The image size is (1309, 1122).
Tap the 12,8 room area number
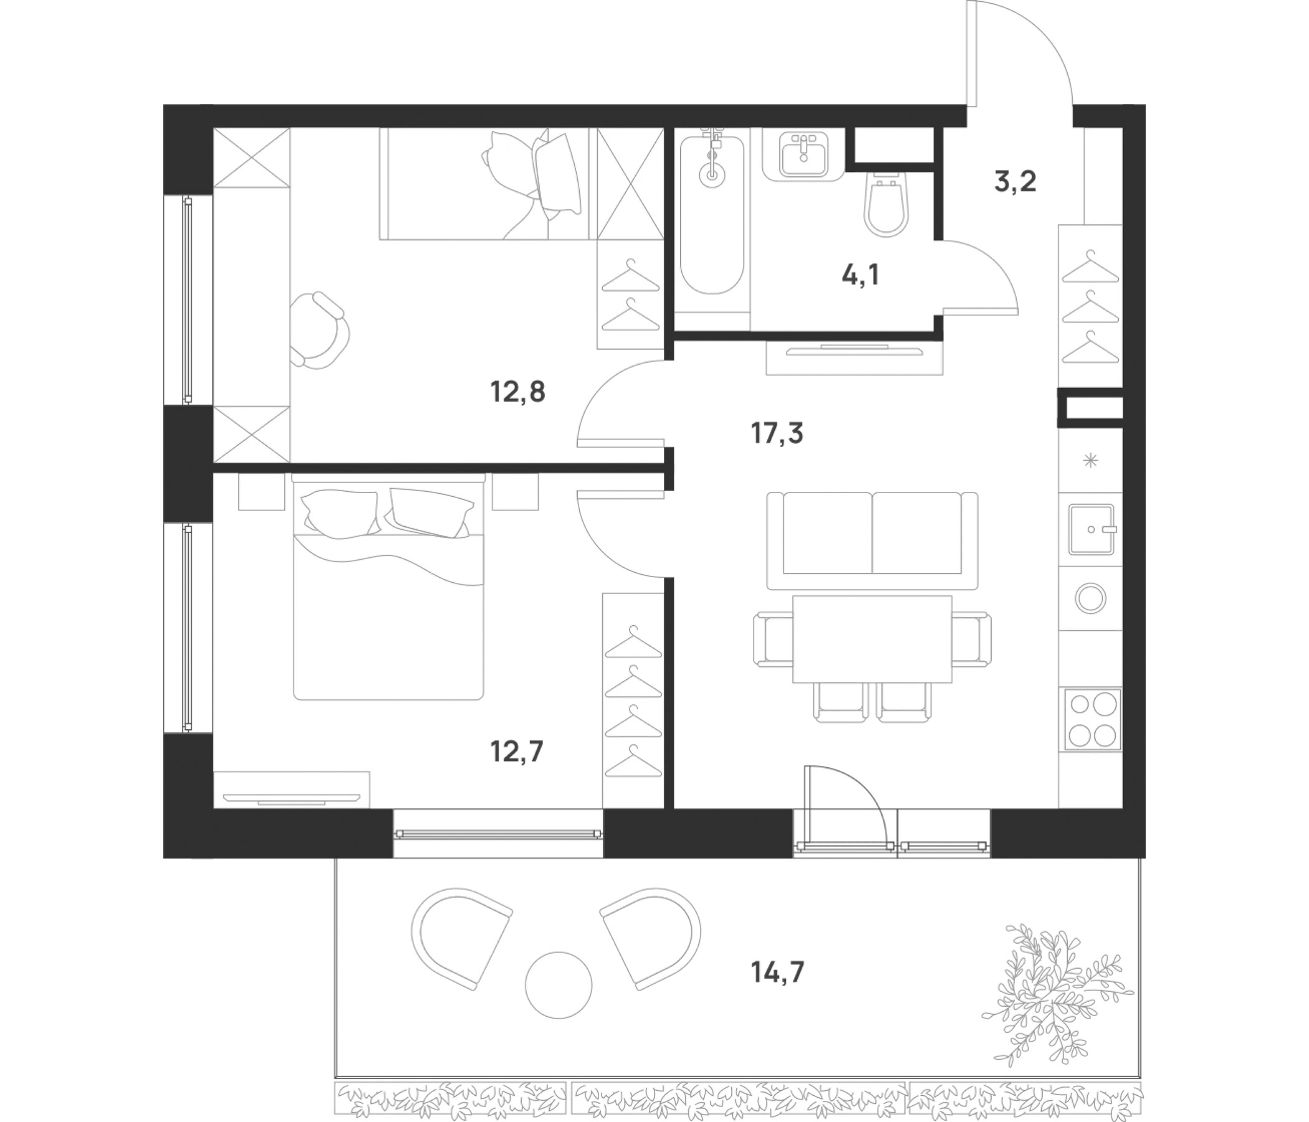coord(517,392)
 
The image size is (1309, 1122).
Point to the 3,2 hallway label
coord(1015,182)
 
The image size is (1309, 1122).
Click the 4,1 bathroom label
coord(860,275)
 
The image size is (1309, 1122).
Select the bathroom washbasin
coord(803,155)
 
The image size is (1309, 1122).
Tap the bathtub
coord(711,215)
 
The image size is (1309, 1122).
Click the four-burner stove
coord(1093,719)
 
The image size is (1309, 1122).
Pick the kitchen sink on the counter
coord(1091,529)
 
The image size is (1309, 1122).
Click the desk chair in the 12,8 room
coord(320,330)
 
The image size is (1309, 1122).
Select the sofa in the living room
coord(872,541)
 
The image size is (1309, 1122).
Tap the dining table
coord(872,639)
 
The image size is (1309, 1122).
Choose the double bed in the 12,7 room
coord(388,587)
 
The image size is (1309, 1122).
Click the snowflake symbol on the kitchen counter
coord(1090,461)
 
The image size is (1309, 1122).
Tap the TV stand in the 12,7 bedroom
coord(291,789)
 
